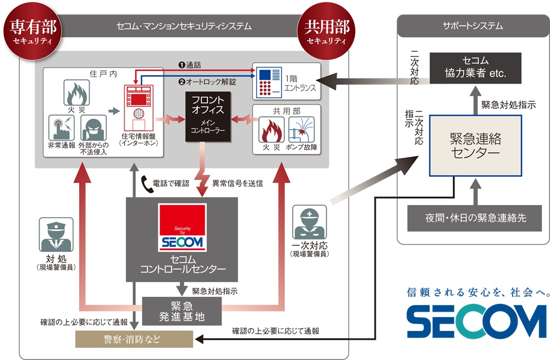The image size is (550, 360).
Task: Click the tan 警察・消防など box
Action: (x=134, y=339)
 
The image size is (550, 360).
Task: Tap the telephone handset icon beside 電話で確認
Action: (x=148, y=181)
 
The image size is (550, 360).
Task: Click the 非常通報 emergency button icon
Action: (x=61, y=128)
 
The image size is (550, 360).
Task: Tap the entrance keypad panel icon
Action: (x=267, y=80)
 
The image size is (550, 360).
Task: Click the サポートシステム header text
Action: (x=472, y=26)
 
